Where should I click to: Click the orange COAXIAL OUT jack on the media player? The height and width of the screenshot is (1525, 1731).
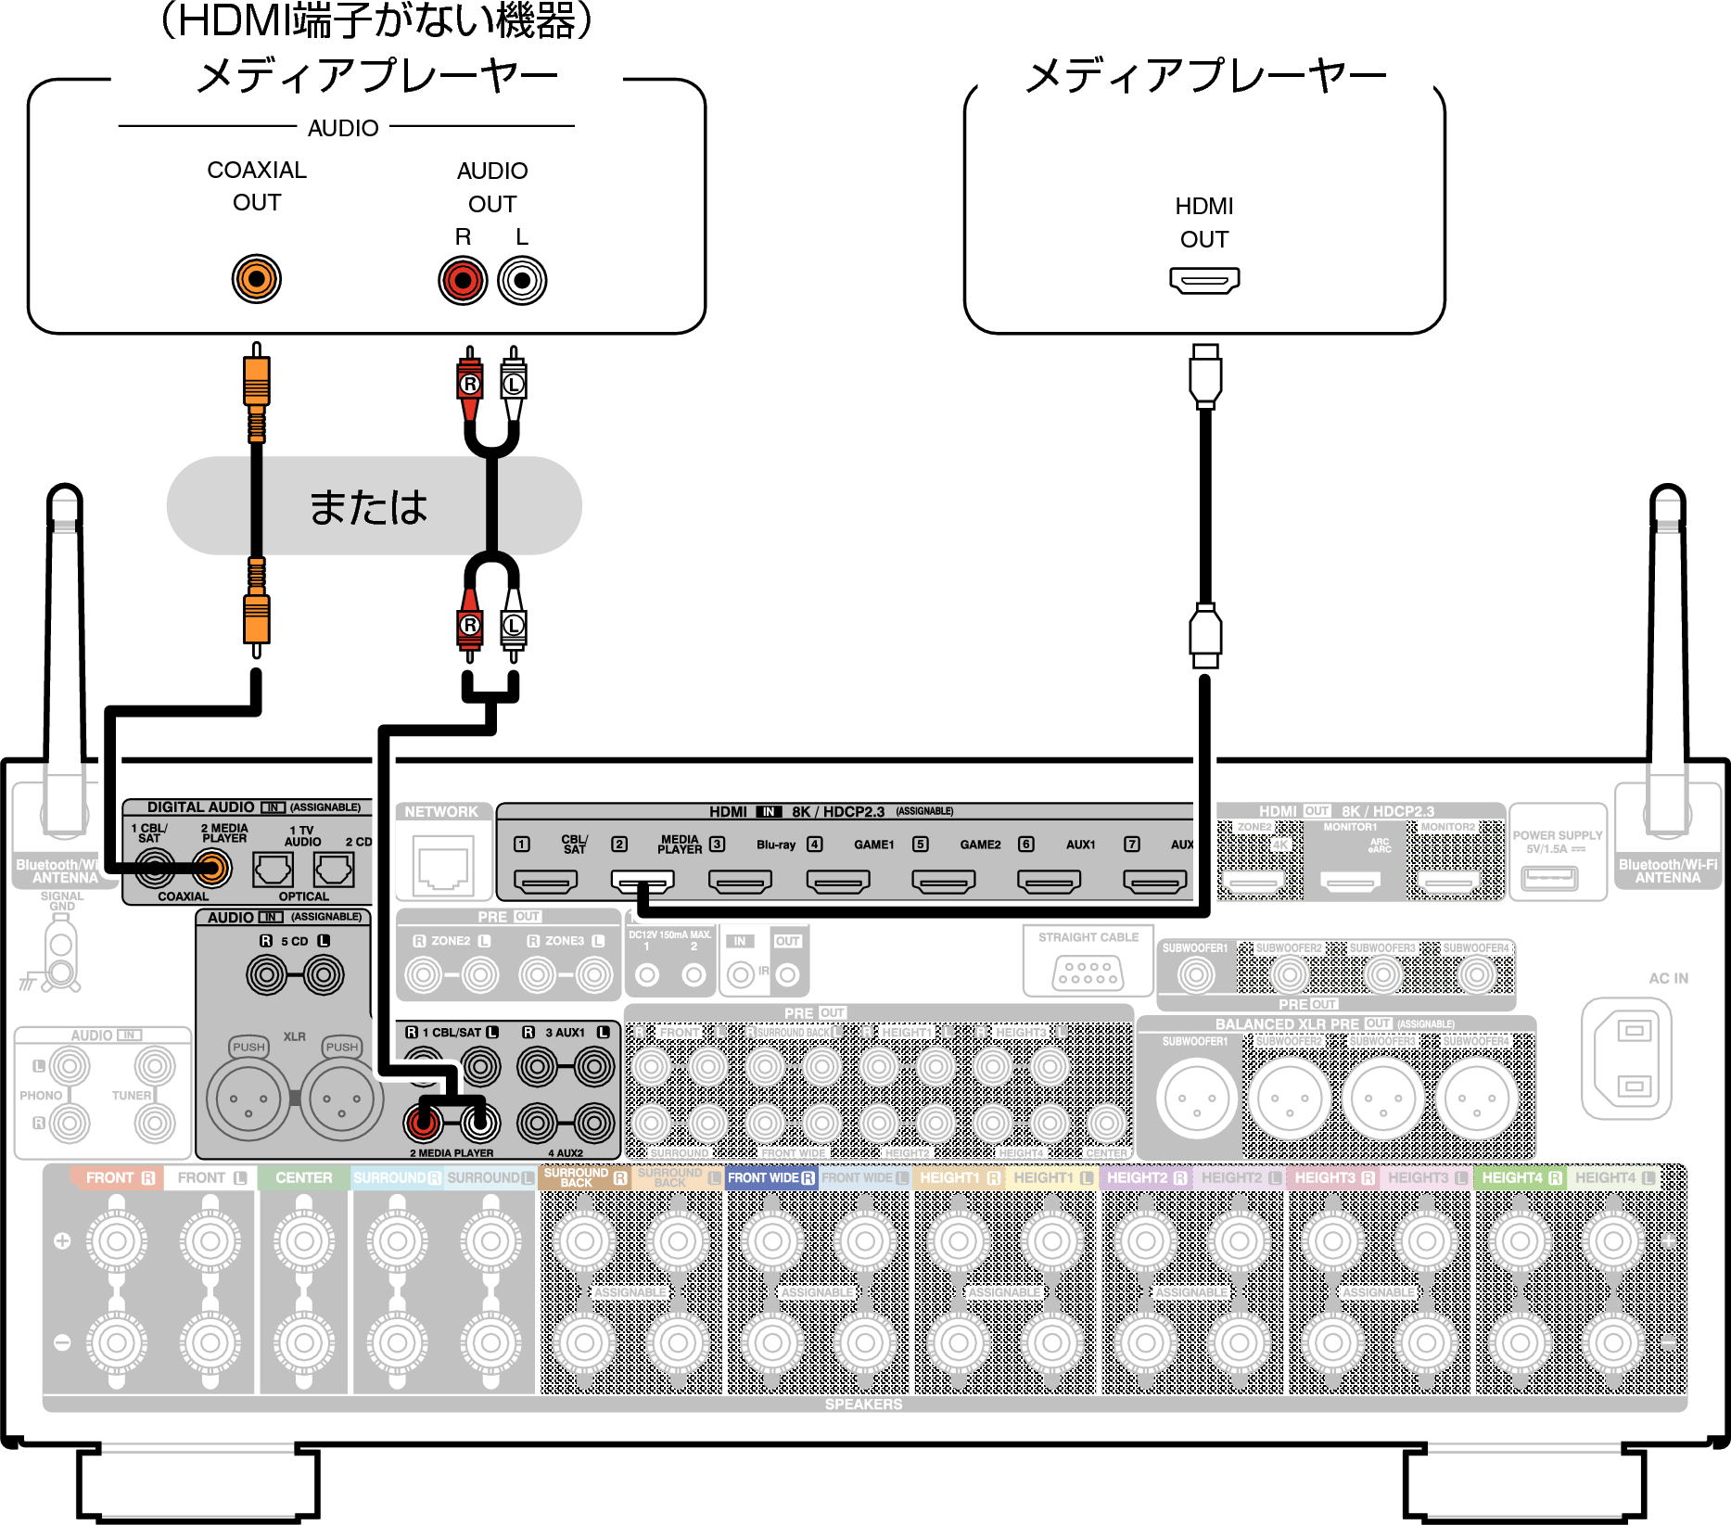[256, 279]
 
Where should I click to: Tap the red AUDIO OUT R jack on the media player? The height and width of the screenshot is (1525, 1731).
[463, 281]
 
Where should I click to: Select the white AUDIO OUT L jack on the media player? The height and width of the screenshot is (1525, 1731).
[522, 281]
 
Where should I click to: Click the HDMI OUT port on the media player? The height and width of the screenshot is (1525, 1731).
[1203, 279]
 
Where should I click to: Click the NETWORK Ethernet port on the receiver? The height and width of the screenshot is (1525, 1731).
[442, 864]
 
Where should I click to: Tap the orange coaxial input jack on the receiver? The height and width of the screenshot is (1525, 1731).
[212, 869]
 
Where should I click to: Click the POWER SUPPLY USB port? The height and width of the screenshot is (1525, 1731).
[1548, 876]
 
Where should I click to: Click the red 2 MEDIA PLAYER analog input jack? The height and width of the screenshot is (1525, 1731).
[422, 1123]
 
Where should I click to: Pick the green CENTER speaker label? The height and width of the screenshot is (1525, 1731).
[303, 1178]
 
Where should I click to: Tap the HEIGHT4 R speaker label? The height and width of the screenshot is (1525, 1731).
[1521, 1178]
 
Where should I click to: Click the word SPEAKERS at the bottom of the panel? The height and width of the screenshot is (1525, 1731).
[863, 1404]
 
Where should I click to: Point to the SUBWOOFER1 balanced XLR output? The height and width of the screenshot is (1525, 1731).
[1196, 1099]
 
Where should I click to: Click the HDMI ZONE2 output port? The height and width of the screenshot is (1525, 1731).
[1252, 881]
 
